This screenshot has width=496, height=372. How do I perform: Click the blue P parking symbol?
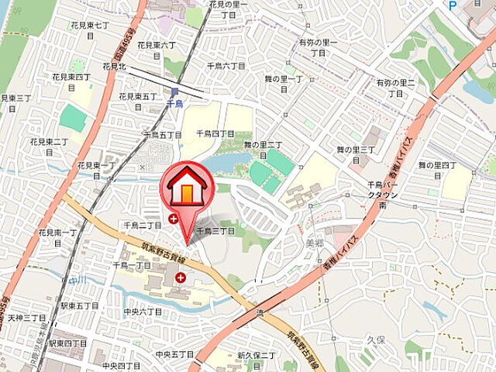453,5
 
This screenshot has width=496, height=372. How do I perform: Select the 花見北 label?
114,67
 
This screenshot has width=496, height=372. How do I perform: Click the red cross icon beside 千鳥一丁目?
181,277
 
